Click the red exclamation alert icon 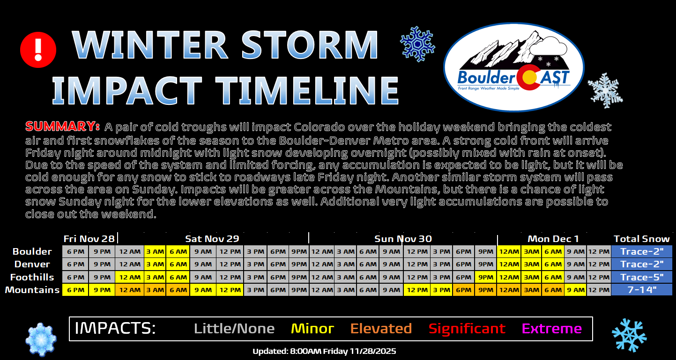point(38,50)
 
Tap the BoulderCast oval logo point(513,67)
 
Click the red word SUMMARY point(62,127)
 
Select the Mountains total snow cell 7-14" point(642,290)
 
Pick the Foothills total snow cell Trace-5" point(642,277)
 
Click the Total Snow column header point(642,239)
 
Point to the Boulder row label point(32,251)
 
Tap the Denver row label point(32,264)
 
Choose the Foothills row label point(32,277)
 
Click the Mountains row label point(32,290)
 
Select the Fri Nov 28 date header point(89,239)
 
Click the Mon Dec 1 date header point(553,239)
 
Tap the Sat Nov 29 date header point(212,239)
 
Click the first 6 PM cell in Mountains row point(75,290)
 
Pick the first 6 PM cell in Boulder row point(75,251)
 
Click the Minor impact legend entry point(312,328)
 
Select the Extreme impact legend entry point(552,328)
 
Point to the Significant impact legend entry point(467,329)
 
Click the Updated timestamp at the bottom point(324,351)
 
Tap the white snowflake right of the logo point(605,90)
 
